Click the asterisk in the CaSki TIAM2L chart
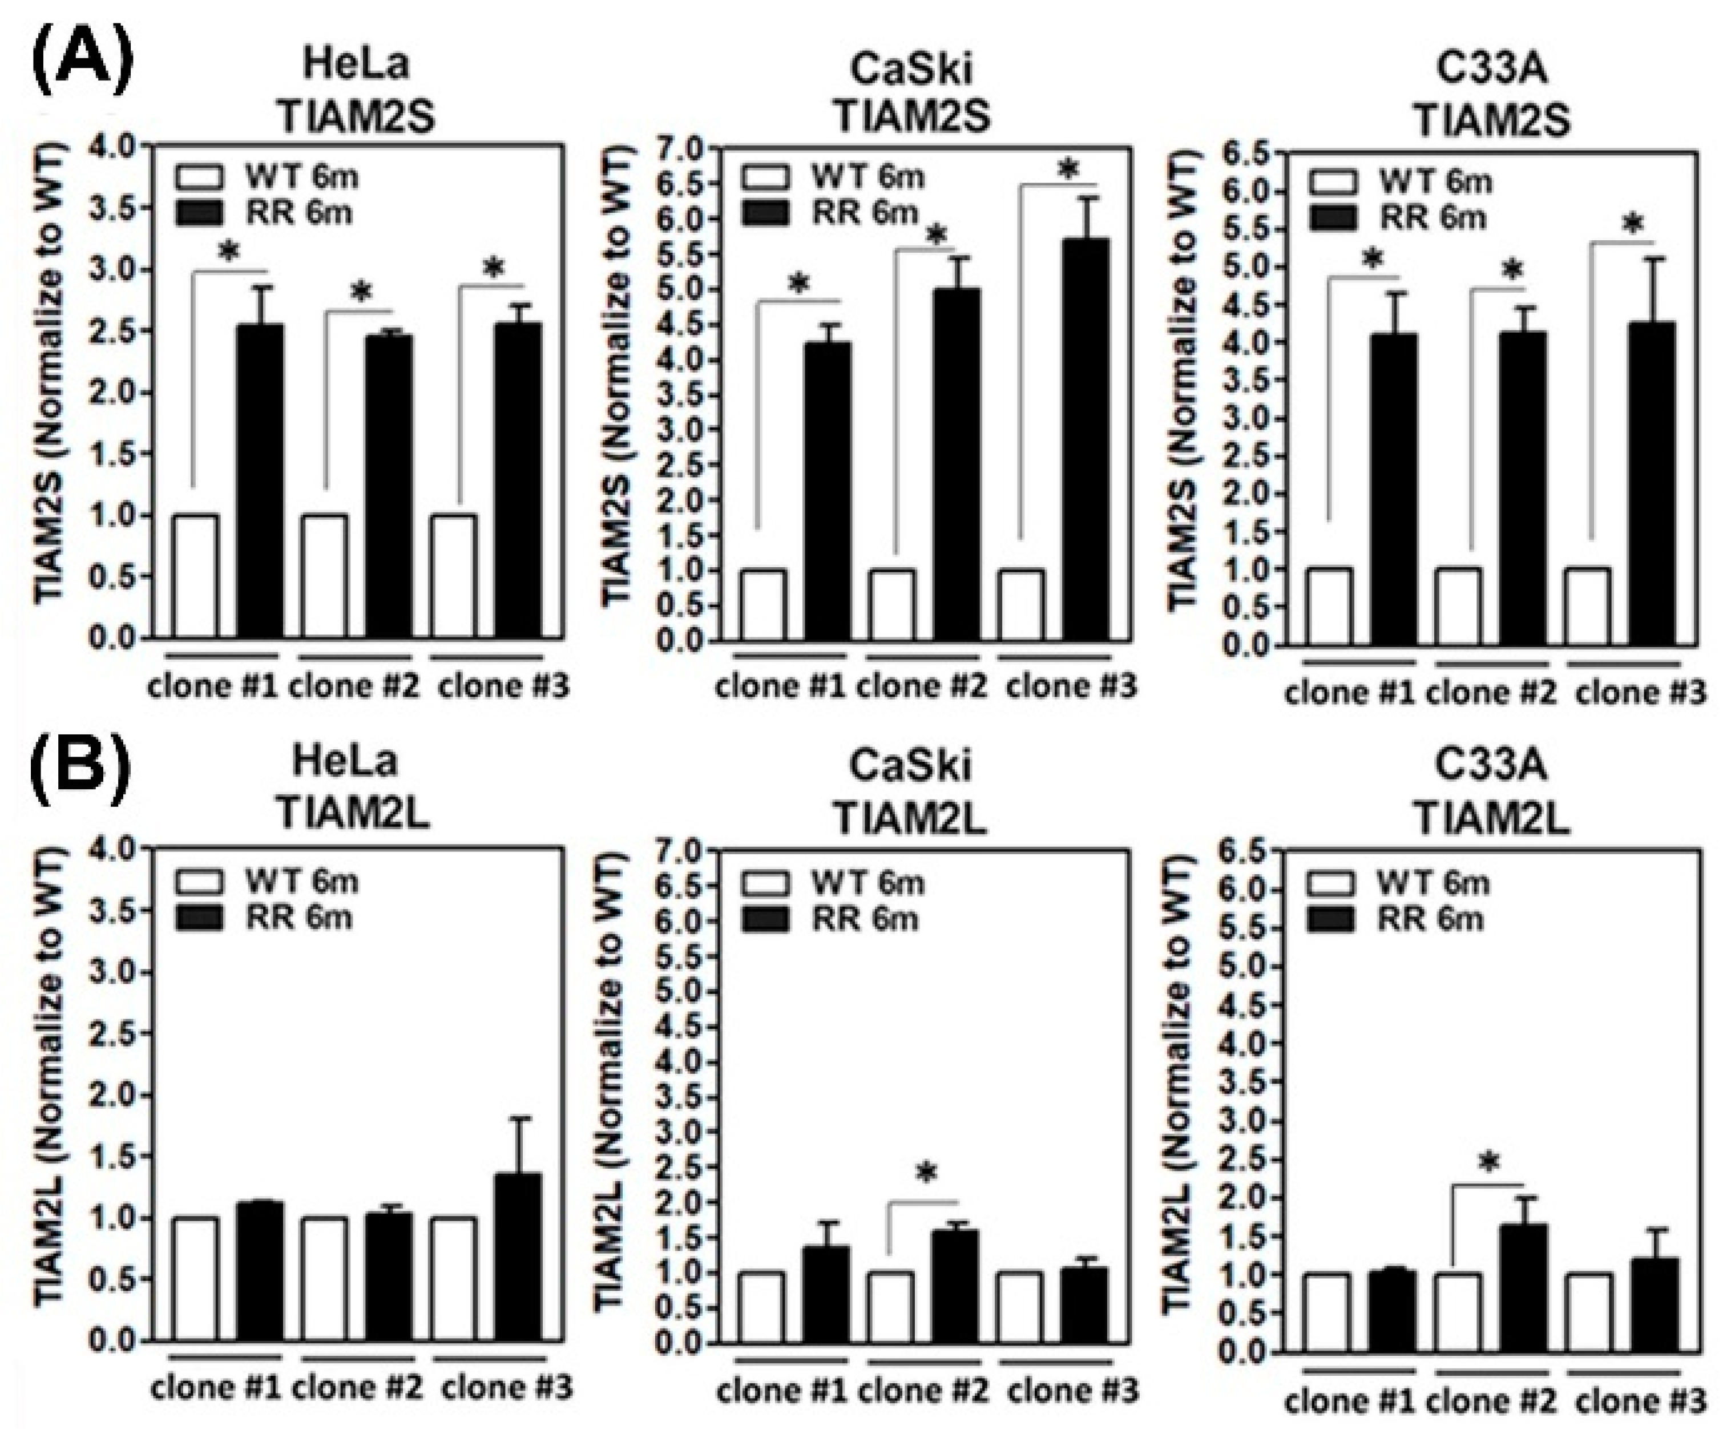[x=926, y=1174]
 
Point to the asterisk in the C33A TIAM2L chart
[x=1489, y=1164]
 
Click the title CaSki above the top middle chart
[x=911, y=69]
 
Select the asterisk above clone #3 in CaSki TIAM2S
[x=1067, y=171]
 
